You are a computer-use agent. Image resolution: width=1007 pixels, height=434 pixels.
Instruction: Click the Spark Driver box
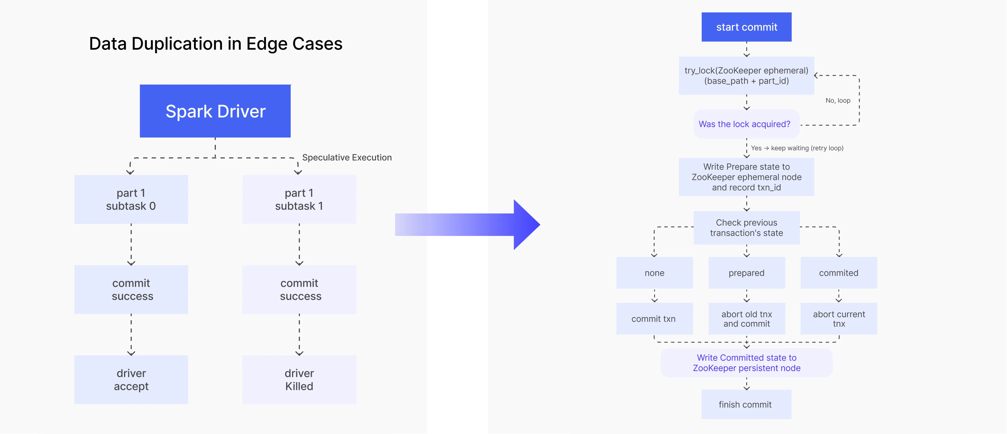pos(215,111)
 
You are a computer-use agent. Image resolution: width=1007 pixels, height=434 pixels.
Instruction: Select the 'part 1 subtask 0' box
pos(131,199)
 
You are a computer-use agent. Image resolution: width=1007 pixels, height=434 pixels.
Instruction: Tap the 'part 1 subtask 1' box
pos(299,199)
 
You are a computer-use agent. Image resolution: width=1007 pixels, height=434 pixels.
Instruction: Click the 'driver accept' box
pos(131,379)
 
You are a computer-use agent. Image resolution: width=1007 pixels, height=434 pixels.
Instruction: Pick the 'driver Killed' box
pos(299,379)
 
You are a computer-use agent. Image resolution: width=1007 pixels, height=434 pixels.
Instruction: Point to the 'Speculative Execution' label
pos(347,157)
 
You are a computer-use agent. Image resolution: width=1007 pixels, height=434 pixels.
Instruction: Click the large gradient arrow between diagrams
pos(467,225)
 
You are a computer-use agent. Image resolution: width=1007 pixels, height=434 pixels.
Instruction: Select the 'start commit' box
pos(746,27)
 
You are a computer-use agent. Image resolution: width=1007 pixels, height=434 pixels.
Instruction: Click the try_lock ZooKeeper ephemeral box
pos(746,75)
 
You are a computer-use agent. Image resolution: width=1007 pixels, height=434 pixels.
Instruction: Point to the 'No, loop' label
pos(838,101)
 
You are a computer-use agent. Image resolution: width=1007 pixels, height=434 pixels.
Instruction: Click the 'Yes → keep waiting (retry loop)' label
pos(797,148)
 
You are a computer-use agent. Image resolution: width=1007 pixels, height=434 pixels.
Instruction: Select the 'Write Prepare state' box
pos(746,177)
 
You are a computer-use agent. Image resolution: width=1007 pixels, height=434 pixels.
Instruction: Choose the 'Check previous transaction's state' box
pos(746,228)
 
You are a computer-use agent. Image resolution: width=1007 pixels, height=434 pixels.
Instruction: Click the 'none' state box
pos(654,273)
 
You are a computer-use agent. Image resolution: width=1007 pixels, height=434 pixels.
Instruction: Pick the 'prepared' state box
pos(746,273)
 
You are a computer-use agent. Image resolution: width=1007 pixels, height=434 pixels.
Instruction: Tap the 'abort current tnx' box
pos(839,319)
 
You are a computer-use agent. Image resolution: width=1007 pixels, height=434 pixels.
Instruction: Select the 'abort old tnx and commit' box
pos(746,319)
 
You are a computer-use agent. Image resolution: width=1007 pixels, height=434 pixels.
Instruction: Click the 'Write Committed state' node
pos(746,363)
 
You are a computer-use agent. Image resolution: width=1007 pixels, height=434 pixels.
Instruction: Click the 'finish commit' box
pos(745,404)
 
